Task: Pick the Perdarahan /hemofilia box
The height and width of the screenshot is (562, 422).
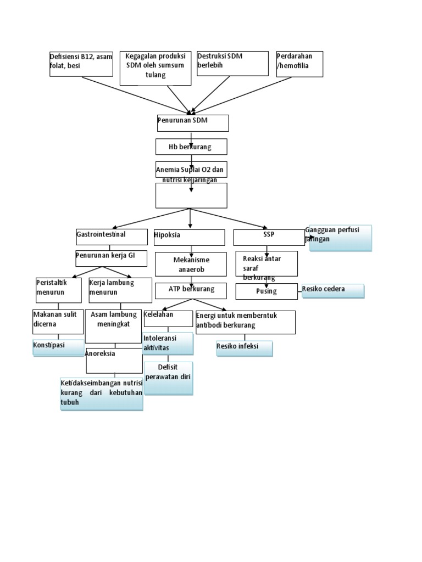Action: pyautogui.click(x=299, y=64)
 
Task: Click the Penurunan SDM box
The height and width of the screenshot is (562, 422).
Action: pyautogui.click(x=192, y=123)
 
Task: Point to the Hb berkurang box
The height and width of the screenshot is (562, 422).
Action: pyautogui.click(x=191, y=147)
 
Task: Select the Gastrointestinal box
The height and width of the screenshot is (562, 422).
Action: pyautogui.click(x=112, y=237)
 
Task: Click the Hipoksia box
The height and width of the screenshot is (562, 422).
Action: pyautogui.click(x=190, y=237)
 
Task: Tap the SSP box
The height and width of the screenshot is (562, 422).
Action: pyautogui.click(x=269, y=237)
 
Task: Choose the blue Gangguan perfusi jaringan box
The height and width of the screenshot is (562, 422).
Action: pyautogui.click(x=341, y=238)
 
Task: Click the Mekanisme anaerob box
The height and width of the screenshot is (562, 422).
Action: pyautogui.click(x=191, y=264)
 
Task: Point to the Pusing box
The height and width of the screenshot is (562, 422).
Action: pyautogui.click(x=266, y=291)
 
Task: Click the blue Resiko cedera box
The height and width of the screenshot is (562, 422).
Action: pyautogui.click(x=332, y=291)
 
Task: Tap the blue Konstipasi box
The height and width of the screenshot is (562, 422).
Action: pyautogui.click(x=58, y=348)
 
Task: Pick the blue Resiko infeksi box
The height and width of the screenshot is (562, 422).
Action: pyautogui.click(x=245, y=349)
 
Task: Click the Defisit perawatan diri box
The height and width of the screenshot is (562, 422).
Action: pyautogui.click(x=168, y=378)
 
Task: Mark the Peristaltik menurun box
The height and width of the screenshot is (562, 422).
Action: pyautogui.click(x=58, y=290)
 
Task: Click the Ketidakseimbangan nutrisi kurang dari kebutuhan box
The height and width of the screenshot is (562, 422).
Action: pyautogui.click(x=102, y=394)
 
